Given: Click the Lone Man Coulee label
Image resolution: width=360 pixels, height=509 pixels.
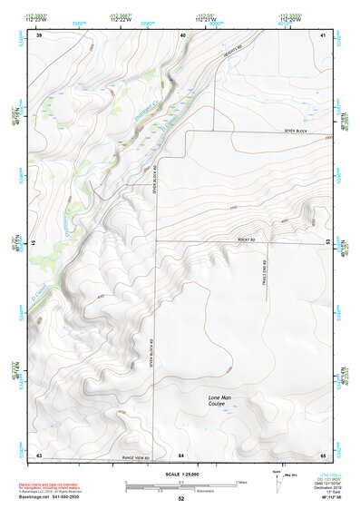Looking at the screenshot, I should coord(220,400).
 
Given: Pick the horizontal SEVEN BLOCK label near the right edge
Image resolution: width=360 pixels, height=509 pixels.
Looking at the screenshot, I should coord(297,132).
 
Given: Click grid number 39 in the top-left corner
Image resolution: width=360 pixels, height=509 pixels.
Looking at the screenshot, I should coord(39,35).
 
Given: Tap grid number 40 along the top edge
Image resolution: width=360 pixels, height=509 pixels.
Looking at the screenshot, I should coord(182,35).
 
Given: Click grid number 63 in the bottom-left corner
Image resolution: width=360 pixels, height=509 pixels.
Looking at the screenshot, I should coord(39,454).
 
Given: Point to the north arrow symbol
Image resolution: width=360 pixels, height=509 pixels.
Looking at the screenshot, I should coord(275,480).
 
